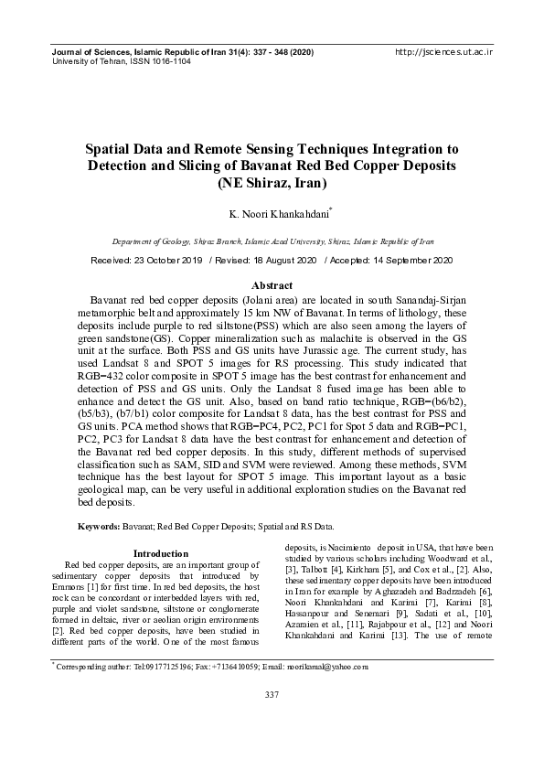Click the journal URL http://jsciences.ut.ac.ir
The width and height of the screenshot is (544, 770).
point(443,53)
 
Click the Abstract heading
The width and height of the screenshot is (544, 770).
point(272,286)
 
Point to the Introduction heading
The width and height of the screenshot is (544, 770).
point(161,553)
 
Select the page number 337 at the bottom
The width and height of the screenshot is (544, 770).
point(272,722)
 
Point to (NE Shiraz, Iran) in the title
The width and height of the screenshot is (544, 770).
point(272,181)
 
